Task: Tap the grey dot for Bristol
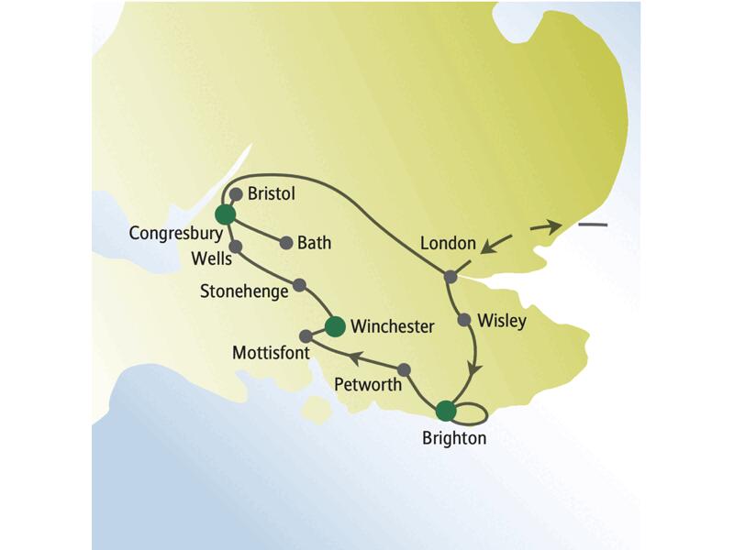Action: (236, 194)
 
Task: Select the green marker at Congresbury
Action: (225, 214)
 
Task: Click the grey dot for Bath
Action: (286, 244)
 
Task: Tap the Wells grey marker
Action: (235, 247)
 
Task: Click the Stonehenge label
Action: (244, 291)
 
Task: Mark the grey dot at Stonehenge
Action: (299, 284)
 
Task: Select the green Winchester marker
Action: (336, 325)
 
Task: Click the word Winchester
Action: (393, 326)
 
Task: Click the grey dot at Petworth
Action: (404, 369)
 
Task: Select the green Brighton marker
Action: (446, 410)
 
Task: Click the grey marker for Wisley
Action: (464, 320)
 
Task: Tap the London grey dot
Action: (450, 276)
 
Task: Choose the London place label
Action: (448, 245)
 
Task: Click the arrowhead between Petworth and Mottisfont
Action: (360, 357)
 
